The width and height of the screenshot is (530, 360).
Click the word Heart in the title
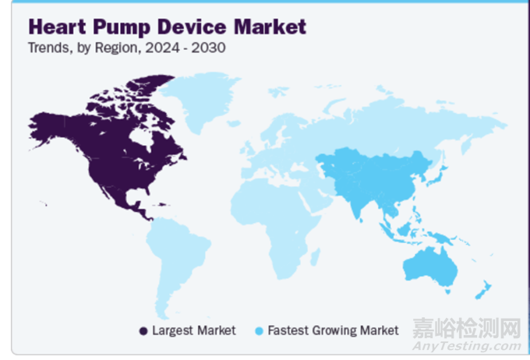click(57, 26)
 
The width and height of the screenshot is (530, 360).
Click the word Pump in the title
click(122, 28)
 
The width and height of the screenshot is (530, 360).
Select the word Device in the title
click(192, 26)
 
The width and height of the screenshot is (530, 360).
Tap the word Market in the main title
click(270, 26)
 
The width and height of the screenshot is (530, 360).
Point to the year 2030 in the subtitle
click(209, 48)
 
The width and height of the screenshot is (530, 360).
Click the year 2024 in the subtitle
click(163, 48)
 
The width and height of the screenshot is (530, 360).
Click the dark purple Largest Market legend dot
click(143, 331)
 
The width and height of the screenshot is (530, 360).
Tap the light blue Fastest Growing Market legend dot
click(259, 331)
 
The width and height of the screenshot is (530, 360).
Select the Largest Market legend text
click(194, 330)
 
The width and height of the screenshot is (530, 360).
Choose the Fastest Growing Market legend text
click(334, 330)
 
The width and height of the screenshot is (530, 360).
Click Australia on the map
click(430, 268)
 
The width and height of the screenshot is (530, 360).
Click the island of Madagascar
click(316, 257)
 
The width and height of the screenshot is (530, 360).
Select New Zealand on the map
click(484, 290)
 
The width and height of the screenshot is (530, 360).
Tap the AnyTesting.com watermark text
click(467, 346)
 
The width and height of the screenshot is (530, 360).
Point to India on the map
click(356, 203)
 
